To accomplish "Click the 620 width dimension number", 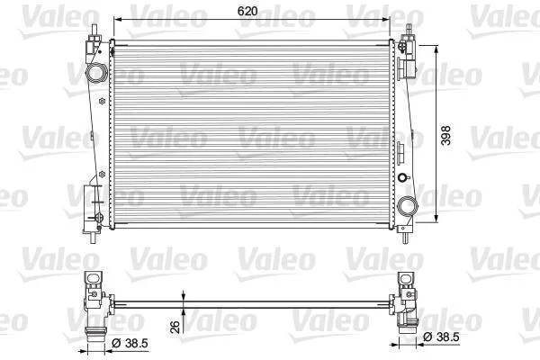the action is [x=247, y=11].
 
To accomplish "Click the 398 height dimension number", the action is [x=445, y=135].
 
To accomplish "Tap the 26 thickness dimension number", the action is [x=175, y=328].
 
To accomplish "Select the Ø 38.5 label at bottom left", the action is [x=130, y=343].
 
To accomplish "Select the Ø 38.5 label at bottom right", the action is [x=441, y=337].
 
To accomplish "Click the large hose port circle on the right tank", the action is [x=408, y=206].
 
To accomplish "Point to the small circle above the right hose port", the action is [x=402, y=178].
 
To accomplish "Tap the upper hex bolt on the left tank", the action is [x=102, y=102].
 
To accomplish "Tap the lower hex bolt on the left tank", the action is [x=102, y=175].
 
